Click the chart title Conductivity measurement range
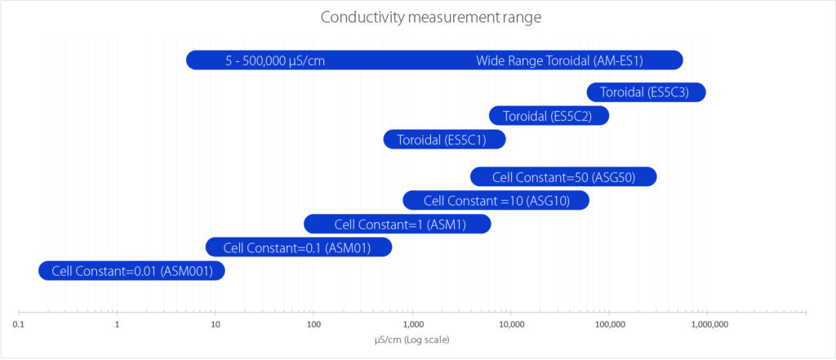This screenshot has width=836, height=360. click(x=431, y=18)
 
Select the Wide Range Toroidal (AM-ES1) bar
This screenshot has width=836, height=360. click(x=434, y=60)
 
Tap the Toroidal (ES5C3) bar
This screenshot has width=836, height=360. click(x=647, y=92)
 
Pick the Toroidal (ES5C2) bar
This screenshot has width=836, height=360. click(x=549, y=116)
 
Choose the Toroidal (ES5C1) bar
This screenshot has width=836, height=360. click(x=444, y=140)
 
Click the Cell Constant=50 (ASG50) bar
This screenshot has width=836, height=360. click(x=563, y=176)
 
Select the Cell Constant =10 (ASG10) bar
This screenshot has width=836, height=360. click(x=496, y=201)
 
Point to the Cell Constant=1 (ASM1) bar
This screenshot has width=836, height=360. click(x=398, y=224)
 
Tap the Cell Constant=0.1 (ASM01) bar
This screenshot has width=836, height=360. click(x=299, y=247)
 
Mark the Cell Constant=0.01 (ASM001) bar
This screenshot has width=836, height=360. click(x=131, y=271)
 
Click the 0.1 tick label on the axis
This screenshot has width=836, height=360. click(x=20, y=325)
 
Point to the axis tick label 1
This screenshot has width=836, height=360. click(x=118, y=325)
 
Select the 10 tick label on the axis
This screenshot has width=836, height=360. click(x=216, y=325)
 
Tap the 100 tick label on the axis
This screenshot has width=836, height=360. click(x=313, y=325)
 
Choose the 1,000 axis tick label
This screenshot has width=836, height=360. click(x=412, y=325)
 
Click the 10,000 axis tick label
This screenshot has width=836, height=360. click(x=511, y=325)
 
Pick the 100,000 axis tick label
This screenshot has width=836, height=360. click(x=609, y=325)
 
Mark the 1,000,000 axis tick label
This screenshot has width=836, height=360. click(x=708, y=325)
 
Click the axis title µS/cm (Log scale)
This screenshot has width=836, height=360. click(x=411, y=340)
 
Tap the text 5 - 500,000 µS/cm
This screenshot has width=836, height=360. click(x=275, y=60)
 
